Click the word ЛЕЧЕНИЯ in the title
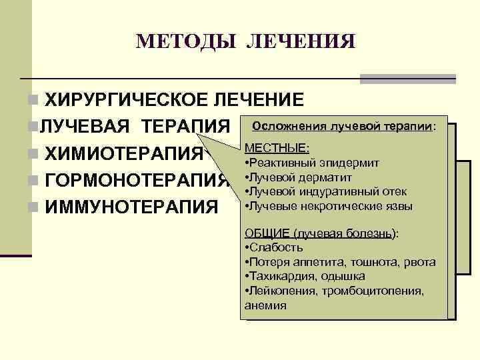pyautogui.click(x=301, y=41)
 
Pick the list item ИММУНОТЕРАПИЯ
pyautogui.click(x=130, y=205)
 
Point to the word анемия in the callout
pyautogui.click(x=265, y=305)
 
